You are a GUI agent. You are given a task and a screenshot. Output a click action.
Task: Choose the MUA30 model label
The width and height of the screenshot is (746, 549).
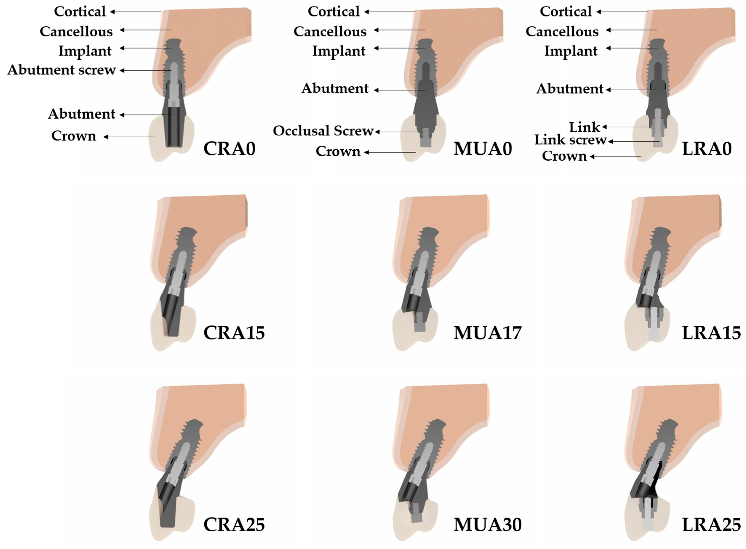487,525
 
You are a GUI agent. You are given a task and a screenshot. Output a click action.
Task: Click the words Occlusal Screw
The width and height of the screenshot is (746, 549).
323,131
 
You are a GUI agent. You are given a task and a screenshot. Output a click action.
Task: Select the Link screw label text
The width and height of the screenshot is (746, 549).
570,140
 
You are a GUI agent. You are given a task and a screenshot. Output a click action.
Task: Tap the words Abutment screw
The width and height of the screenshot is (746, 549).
61,70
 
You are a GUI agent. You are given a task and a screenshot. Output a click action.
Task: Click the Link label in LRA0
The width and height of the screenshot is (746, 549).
584,127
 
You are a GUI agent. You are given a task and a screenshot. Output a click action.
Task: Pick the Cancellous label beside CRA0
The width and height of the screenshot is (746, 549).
76,32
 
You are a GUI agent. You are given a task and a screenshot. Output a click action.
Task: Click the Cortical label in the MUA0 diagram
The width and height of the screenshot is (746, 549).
334,12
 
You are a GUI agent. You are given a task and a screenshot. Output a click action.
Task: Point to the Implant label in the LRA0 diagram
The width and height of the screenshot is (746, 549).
571,51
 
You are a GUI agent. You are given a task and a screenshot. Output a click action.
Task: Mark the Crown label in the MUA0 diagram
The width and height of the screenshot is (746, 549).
338,151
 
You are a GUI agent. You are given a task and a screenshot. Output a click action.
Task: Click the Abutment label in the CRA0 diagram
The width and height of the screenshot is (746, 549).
81,114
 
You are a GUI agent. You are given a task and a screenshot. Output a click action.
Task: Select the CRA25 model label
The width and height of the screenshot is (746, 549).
234,525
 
